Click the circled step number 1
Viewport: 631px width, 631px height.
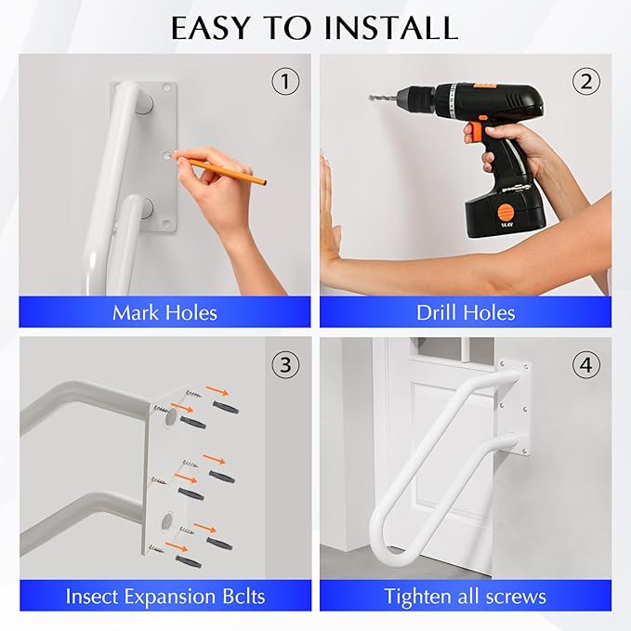tap(285, 82)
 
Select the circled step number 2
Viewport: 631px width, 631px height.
tap(585, 82)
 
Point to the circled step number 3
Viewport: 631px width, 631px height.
tap(285, 365)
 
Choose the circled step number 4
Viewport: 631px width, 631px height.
tap(585, 365)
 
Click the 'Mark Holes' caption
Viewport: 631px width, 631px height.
tap(164, 312)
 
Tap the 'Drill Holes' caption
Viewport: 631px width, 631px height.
tap(466, 312)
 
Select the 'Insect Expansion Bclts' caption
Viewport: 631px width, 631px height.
tap(164, 595)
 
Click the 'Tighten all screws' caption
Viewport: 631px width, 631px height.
tap(466, 595)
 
